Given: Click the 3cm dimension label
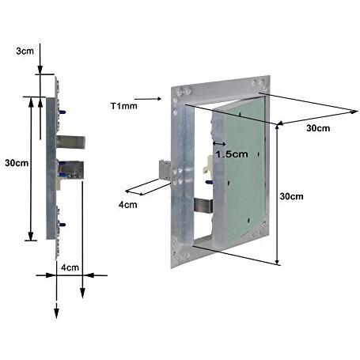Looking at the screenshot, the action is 25,51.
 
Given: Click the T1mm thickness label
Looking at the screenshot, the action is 123,106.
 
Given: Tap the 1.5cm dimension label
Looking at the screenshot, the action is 232,154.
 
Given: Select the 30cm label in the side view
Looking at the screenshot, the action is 17,163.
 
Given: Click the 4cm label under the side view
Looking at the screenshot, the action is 70,267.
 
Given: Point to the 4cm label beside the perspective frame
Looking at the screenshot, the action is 127,205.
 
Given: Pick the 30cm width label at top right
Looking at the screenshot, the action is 318,128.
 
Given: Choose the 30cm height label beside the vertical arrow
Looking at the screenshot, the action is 291,196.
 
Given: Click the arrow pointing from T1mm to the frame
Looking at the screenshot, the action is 148,99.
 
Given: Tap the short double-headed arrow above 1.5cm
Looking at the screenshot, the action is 219,144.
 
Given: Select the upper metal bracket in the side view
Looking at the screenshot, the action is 70,142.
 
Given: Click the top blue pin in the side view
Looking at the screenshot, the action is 63,112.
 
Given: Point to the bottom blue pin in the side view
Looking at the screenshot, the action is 63,225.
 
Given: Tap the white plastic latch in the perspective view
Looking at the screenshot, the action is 208,165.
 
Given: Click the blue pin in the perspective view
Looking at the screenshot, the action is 209,182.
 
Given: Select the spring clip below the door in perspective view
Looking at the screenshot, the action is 203,206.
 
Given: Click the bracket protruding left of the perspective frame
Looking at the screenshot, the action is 165,170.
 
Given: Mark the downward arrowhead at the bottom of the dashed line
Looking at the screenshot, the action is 56,311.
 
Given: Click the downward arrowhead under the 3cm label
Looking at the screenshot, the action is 40,70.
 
